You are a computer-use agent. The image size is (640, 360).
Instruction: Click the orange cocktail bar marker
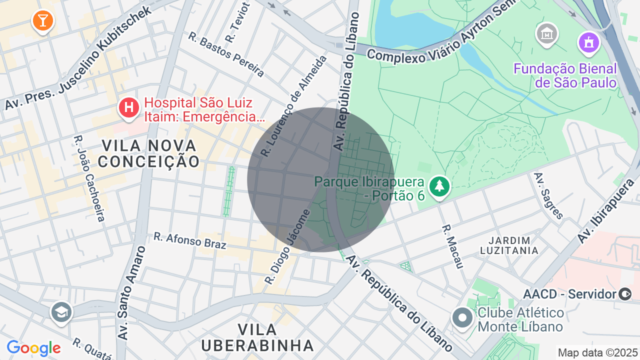click(42, 20)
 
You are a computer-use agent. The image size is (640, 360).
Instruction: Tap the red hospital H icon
click(129, 107)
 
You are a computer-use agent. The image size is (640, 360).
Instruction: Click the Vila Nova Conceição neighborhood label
click(149, 153)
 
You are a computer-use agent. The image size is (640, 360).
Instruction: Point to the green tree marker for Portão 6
click(439, 186)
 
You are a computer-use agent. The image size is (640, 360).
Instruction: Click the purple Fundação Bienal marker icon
click(589, 42)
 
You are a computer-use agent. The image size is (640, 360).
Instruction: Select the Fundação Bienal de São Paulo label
click(565, 75)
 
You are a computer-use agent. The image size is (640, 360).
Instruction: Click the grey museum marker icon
click(547, 34)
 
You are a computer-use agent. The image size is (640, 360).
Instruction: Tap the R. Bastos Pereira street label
click(226, 54)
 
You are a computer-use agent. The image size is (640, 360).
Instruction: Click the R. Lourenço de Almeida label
click(294, 106)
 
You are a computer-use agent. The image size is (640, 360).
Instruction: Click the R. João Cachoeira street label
click(89, 178)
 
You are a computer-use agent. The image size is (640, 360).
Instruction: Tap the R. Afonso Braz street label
click(190, 240)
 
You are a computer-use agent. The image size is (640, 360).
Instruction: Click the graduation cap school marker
click(62, 312)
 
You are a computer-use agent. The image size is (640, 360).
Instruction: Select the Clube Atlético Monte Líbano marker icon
click(462, 317)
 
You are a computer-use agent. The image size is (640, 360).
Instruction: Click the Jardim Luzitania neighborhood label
click(509, 245)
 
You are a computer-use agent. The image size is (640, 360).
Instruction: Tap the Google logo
click(33, 348)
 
